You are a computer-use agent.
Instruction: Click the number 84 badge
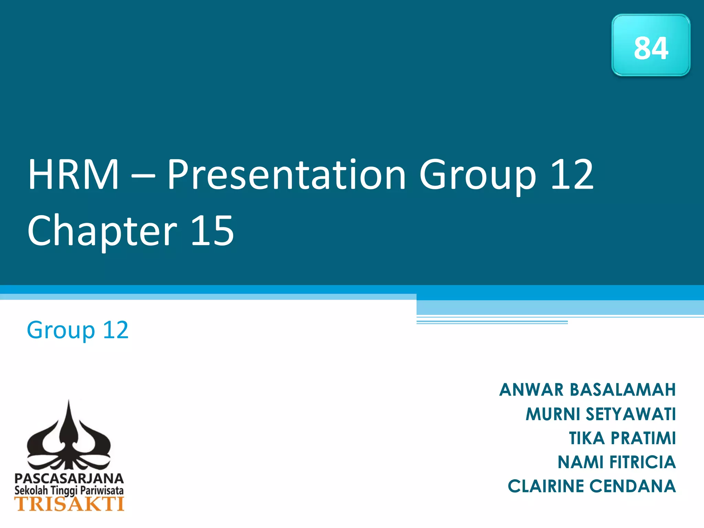pos(651,45)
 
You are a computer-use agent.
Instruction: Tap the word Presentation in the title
pos(287,175)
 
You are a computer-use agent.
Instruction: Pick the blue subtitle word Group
pos(60,330)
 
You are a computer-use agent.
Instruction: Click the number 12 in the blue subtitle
pos(115,330)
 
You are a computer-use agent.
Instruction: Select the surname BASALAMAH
pos(623,390)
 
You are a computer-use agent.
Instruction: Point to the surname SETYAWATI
pos(631,414)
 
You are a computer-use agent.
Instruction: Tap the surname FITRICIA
pos(642,462)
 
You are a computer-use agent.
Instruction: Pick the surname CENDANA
pos(632,486)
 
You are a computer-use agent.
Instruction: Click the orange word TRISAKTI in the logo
pos(69,504)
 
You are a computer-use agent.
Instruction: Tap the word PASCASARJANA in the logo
pos(69,478)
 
